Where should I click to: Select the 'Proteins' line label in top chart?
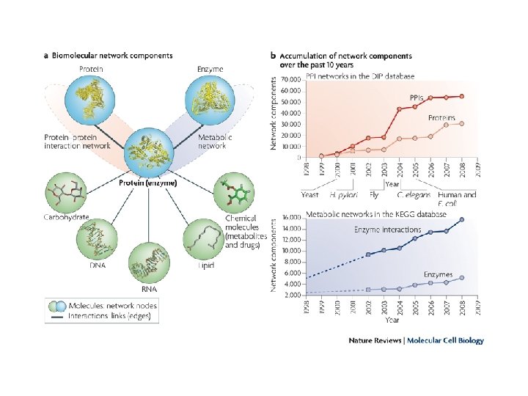click(x=441, y=117)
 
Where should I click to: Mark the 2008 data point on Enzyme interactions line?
click(x=461, y=219)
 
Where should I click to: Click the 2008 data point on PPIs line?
click(x=461, y=96)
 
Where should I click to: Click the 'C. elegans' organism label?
click(x=413, y=194)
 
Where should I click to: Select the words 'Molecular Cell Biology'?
click(x=445, y=340)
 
